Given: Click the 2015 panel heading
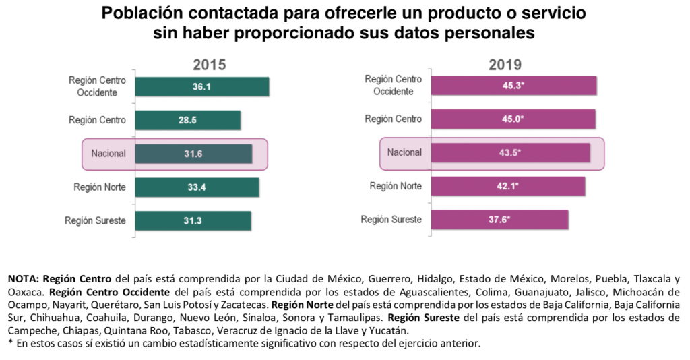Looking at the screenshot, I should [209, 65].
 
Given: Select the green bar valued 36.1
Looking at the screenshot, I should [201, 87].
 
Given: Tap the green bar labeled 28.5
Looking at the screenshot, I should [187, 120].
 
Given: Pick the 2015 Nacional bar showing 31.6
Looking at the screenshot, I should [193, 154].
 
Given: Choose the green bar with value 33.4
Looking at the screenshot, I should [196, 187].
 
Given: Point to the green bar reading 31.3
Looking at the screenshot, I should [193, 220].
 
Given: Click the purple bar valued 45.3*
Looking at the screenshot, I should [513, 86].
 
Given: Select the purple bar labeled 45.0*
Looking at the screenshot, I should [513, 119].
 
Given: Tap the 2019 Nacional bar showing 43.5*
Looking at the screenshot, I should [510, 152].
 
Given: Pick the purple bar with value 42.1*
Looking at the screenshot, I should [507, 185].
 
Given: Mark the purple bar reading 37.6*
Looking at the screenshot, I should [499, 220].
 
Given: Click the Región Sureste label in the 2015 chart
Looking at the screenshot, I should [95, 220].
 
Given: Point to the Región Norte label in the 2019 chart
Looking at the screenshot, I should [396, 186].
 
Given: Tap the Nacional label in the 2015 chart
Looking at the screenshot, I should [108, 154].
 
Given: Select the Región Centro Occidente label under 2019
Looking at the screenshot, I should [393, 86].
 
